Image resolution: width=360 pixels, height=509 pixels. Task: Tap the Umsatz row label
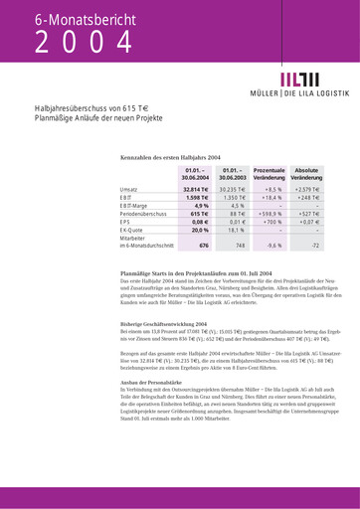point(129,188)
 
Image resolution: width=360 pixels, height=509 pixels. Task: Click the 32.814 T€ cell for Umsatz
point(196,188)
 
